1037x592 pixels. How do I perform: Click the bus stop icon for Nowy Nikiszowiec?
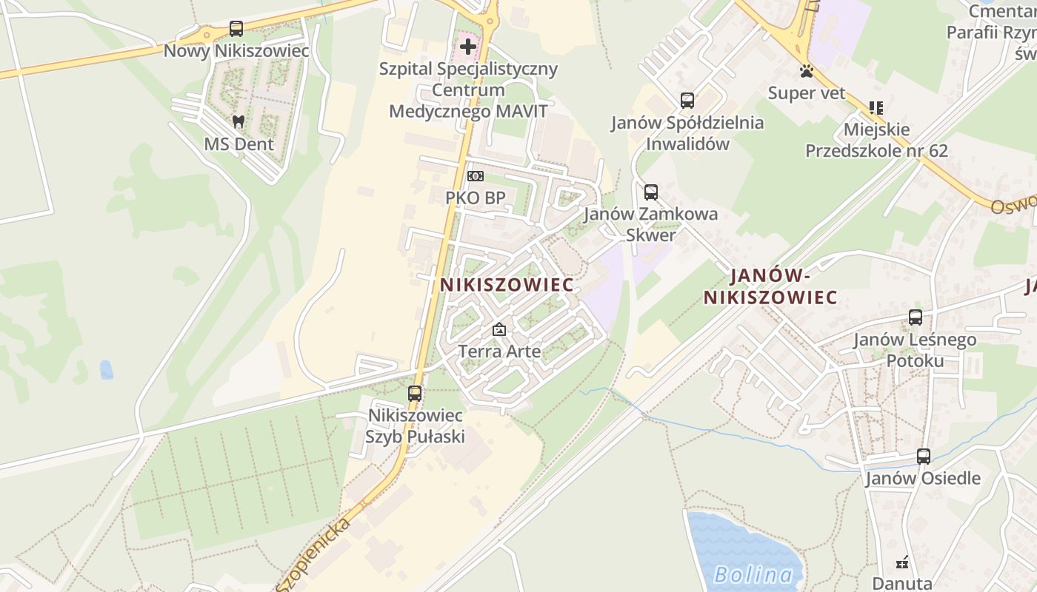(236, 29)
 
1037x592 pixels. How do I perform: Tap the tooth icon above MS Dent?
(239, 121)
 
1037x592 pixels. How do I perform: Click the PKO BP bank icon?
(475, 176)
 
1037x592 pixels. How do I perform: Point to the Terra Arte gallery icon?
(499, 329)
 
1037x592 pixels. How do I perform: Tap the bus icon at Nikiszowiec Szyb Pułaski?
(415, 394)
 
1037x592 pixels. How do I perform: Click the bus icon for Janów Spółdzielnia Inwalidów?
(687, 101)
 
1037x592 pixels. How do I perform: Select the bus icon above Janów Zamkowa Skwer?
(651, 192)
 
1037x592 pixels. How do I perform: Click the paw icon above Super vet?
(807, 71)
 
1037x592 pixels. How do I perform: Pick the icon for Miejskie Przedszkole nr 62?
(876, 108)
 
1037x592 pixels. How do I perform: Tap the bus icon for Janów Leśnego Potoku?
(916, 317)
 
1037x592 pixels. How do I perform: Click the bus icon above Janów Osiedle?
(923, 456)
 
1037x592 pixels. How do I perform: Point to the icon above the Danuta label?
(902, 562)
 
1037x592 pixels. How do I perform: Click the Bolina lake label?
(753, 574)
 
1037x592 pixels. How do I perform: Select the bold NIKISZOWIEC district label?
(507, 285)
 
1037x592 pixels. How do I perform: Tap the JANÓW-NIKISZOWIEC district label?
(770, 287)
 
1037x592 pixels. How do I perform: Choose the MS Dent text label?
(239, 144)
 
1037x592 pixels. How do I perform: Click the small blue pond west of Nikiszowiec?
(107, 369)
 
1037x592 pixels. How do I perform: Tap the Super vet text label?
(807, 93)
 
